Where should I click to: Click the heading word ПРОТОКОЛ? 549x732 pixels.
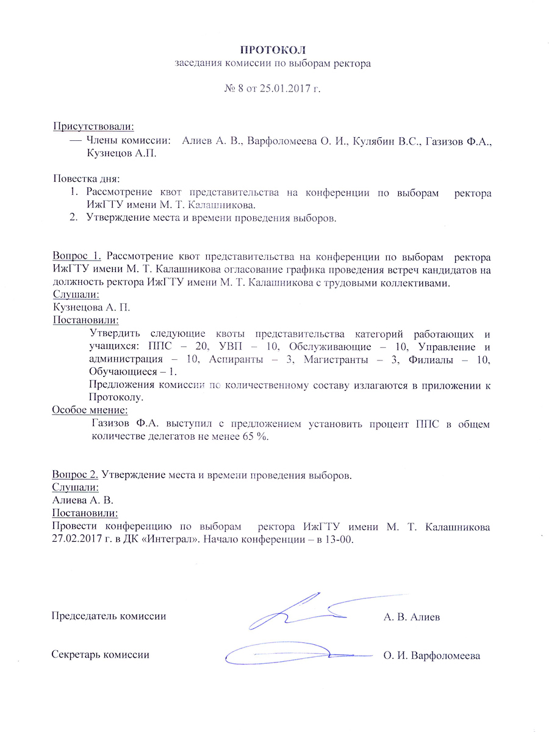[274, 49]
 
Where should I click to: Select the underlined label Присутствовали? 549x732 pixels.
[93, 126]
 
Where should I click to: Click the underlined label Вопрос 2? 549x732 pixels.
[76, 475]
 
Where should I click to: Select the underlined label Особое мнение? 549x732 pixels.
[90, 410]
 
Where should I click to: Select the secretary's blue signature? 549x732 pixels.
[287, 653]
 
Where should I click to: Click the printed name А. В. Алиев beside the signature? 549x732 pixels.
[412, 617]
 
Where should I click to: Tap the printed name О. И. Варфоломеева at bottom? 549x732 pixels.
[431, 656]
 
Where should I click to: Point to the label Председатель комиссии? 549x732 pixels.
[109, 616]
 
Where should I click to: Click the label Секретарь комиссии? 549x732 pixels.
[100, 655]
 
